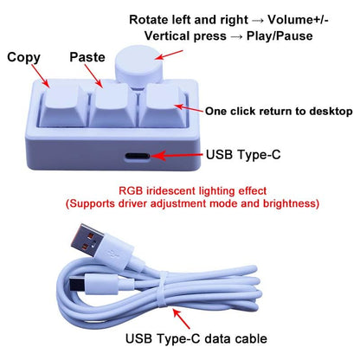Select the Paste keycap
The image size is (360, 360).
click(112, 106)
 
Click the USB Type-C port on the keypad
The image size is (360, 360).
click(138, 156)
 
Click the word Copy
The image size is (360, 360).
click(23, 57)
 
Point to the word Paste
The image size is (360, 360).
click(87, 57)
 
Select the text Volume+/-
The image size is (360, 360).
click(298, 20)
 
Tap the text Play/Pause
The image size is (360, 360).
click(280, 36)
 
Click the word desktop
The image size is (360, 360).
click(331, 112)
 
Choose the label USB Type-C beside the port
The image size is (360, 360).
click(243, 155)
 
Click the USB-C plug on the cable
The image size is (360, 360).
click(76, 284)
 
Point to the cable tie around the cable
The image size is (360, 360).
click(162, 289)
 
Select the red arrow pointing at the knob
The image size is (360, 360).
click(169, 55)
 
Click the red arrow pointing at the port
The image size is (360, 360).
click(177, 156)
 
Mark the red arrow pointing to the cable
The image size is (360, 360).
click(182, 318)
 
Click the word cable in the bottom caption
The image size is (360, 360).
click(250, 338)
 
